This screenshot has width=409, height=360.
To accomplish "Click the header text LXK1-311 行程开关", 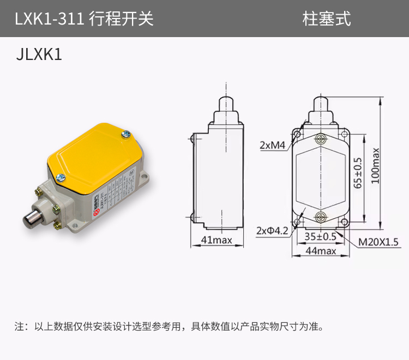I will (84, 19).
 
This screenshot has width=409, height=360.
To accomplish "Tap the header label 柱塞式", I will (327, 19).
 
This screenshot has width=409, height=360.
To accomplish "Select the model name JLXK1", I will (40, 56).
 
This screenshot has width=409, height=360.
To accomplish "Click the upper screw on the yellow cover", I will (126, 133).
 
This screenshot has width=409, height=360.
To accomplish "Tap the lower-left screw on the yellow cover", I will (61, 176).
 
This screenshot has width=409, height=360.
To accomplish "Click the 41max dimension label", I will (216, 239).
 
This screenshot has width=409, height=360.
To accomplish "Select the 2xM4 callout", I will (272, 146).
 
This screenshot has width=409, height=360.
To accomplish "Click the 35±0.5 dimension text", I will (320, 237).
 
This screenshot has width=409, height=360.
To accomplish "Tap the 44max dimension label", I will (320, 250).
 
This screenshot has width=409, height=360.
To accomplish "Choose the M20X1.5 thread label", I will (378, 242).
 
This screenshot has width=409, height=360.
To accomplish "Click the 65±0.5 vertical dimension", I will (358, 173).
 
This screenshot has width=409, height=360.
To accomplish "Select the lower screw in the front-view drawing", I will (320, 217).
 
